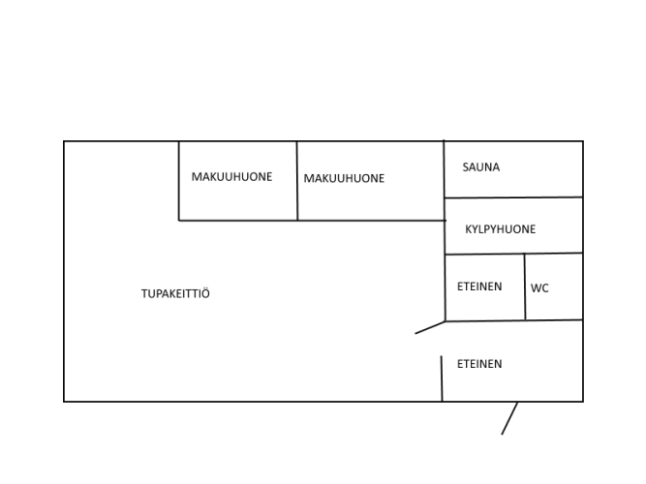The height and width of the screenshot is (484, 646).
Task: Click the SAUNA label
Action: [480, 167]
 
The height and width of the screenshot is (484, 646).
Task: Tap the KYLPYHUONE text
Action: [500, 229]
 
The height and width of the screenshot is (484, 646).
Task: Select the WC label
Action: [539, 287]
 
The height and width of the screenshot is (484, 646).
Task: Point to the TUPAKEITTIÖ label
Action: [175, 293]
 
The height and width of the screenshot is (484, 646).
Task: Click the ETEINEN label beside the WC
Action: [479, 287]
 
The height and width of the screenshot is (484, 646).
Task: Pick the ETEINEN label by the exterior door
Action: [479, 364]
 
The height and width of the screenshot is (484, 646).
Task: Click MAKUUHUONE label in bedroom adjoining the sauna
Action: [344, 178]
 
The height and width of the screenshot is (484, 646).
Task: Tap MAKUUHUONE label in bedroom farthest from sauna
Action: [231, 177]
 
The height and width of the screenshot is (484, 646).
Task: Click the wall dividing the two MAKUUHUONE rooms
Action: [297, 181]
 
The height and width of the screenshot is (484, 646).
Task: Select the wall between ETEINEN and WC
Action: [525, 287]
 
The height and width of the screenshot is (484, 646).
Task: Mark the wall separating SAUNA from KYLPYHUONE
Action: [513, 197]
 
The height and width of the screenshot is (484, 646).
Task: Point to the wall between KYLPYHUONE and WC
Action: [554, 254]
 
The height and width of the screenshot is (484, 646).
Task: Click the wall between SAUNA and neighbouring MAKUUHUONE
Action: [445, 168]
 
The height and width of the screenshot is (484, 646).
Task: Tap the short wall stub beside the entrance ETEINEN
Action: [442, 378]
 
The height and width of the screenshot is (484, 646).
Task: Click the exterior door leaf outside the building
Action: [509, 418]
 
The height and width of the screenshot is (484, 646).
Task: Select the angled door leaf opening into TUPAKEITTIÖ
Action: [430, 327]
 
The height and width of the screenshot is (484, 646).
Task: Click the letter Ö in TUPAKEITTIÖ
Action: [206, 293]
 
